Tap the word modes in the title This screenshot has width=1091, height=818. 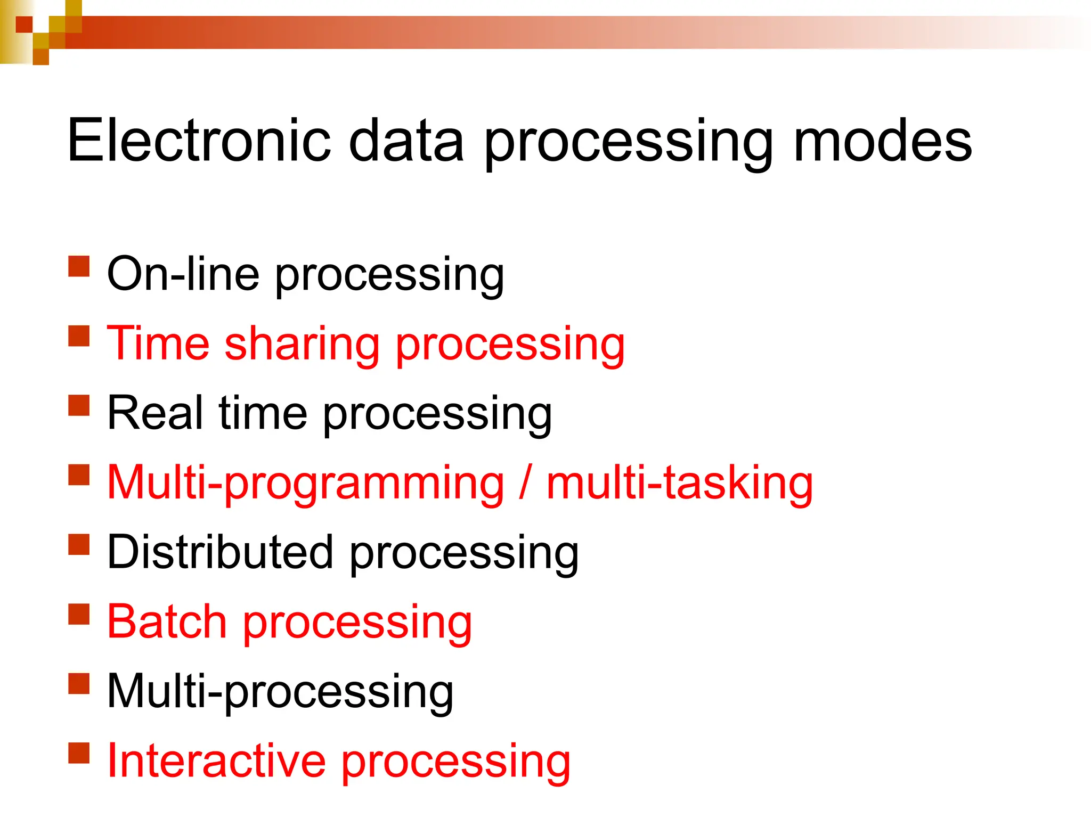pos(882,141)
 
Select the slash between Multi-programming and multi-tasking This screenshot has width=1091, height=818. pos(525,482)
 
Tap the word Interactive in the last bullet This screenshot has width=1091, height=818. pos(216,760)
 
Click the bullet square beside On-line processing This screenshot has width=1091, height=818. pos(79,266)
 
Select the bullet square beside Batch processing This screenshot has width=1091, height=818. pos(79,613)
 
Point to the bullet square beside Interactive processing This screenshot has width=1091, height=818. pos(79,753)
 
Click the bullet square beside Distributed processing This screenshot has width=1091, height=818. pos(79,544)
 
